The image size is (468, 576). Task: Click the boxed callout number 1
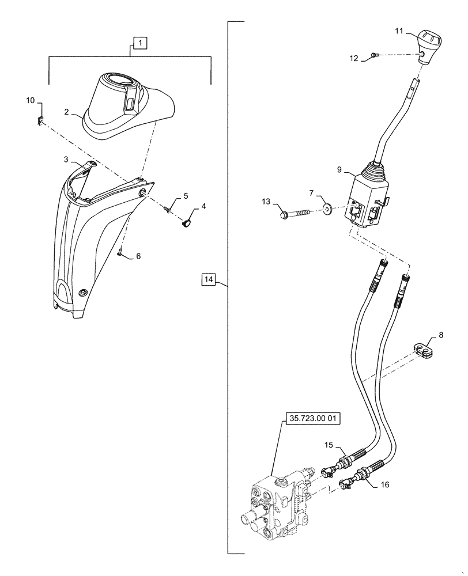coord(140,42)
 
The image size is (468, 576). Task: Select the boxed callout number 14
coord(209,281)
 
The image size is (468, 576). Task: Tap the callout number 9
coord(340,170)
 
